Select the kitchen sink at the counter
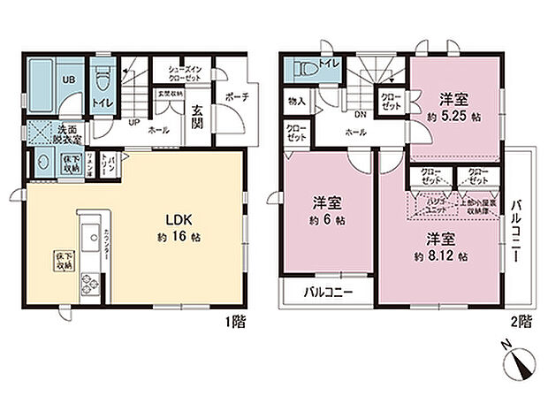[91, 239]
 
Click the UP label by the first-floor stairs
[133, 123]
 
